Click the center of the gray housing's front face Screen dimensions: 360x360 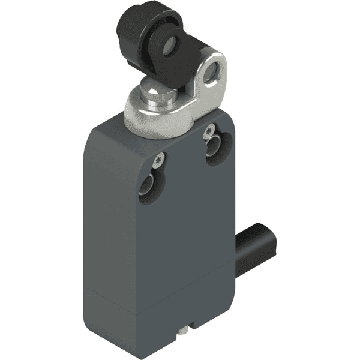180,240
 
